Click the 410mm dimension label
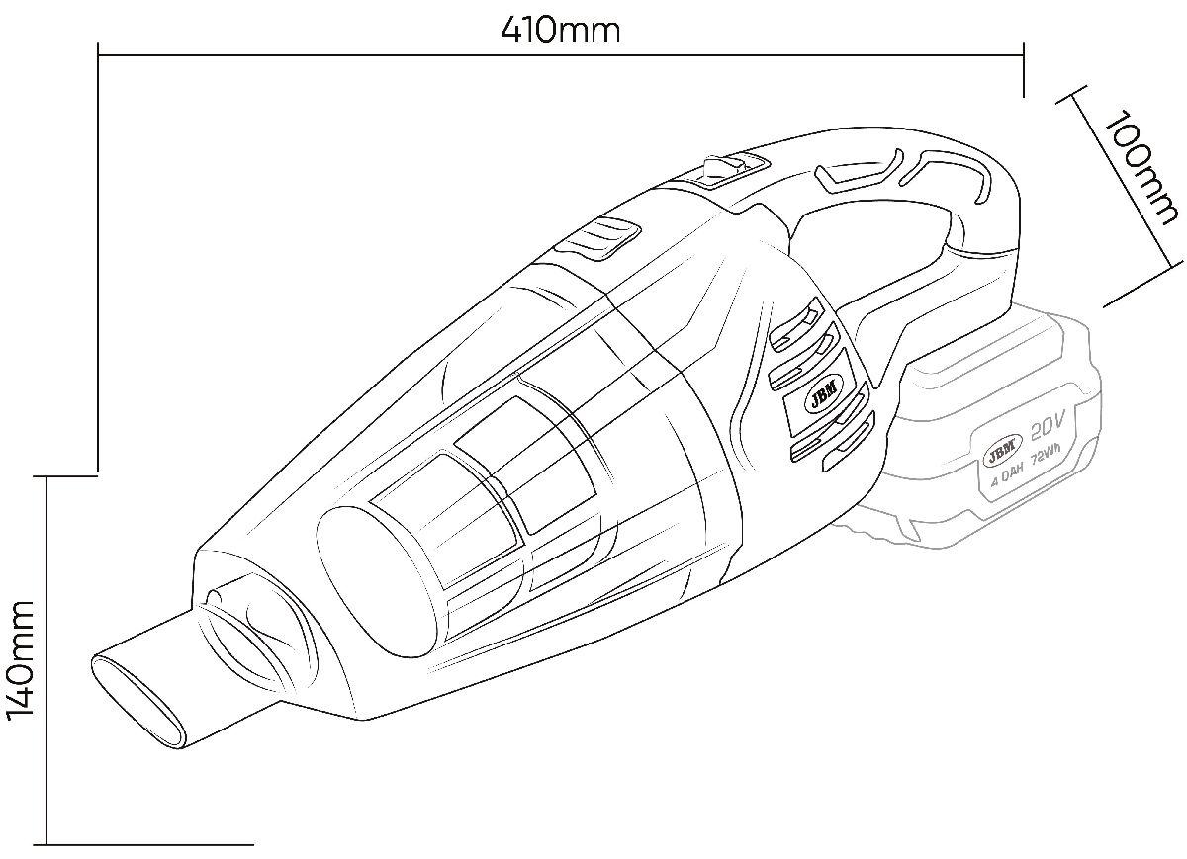click(560, 31)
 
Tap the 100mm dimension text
click(1141, 167)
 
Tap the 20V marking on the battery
click(1049, 428)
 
